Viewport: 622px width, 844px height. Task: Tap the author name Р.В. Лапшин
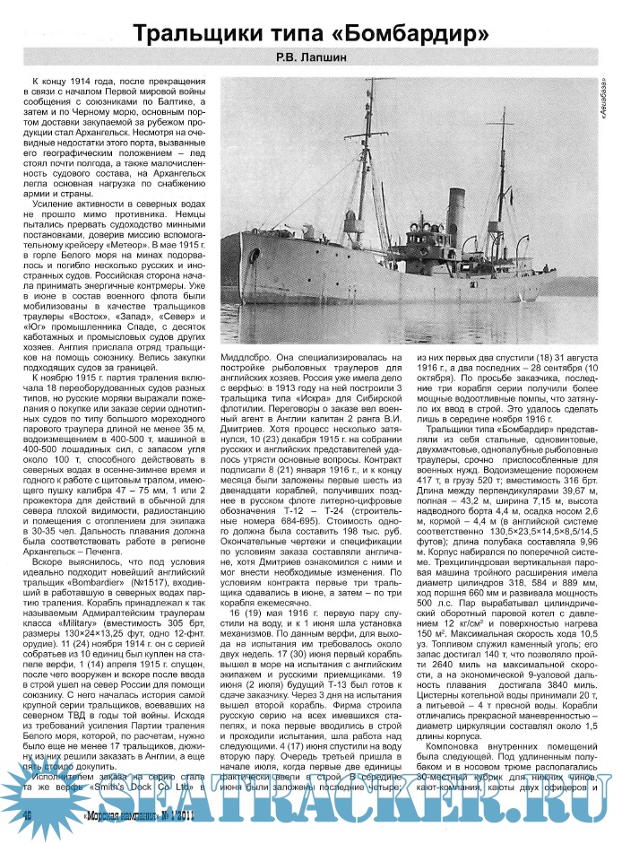tap(311, 61)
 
